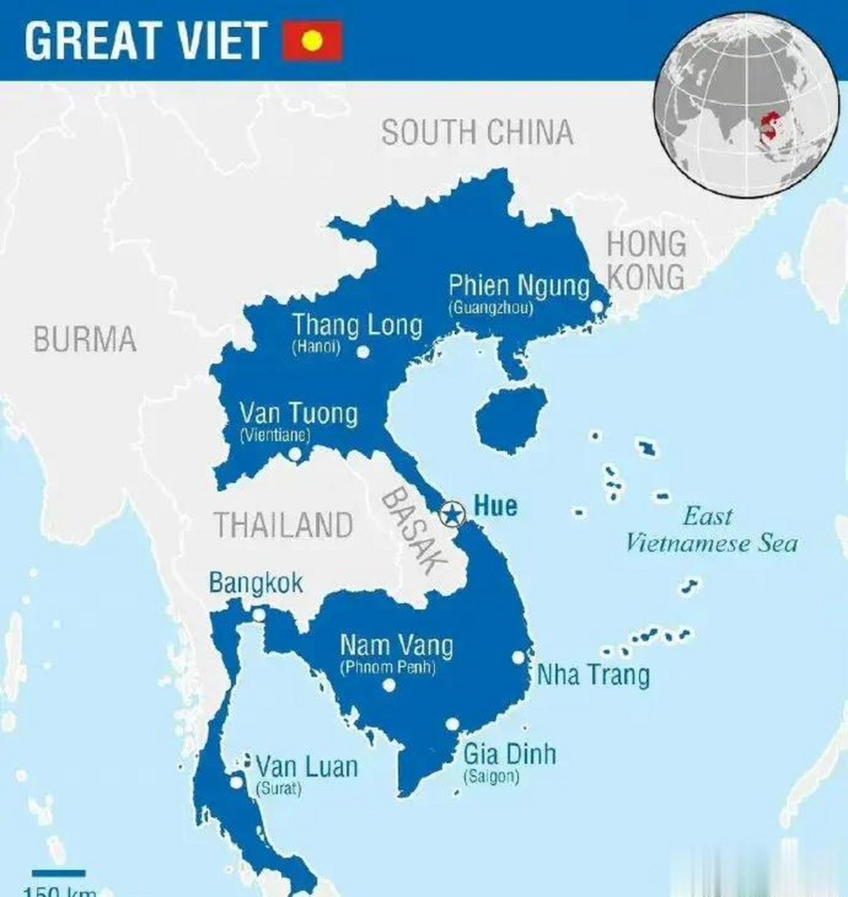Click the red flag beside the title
313,41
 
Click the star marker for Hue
453,515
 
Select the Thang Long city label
357,326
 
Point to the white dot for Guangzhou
597,307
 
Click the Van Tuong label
299,413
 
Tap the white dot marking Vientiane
295,454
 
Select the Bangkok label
256,583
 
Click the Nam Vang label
396,645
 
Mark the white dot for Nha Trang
518,657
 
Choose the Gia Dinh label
510,754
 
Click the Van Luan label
307,767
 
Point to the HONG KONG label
645,260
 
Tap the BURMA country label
85,340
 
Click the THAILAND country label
284,526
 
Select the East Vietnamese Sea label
710,530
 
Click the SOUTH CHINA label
477,132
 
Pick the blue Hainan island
510,418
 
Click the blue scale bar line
59,873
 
